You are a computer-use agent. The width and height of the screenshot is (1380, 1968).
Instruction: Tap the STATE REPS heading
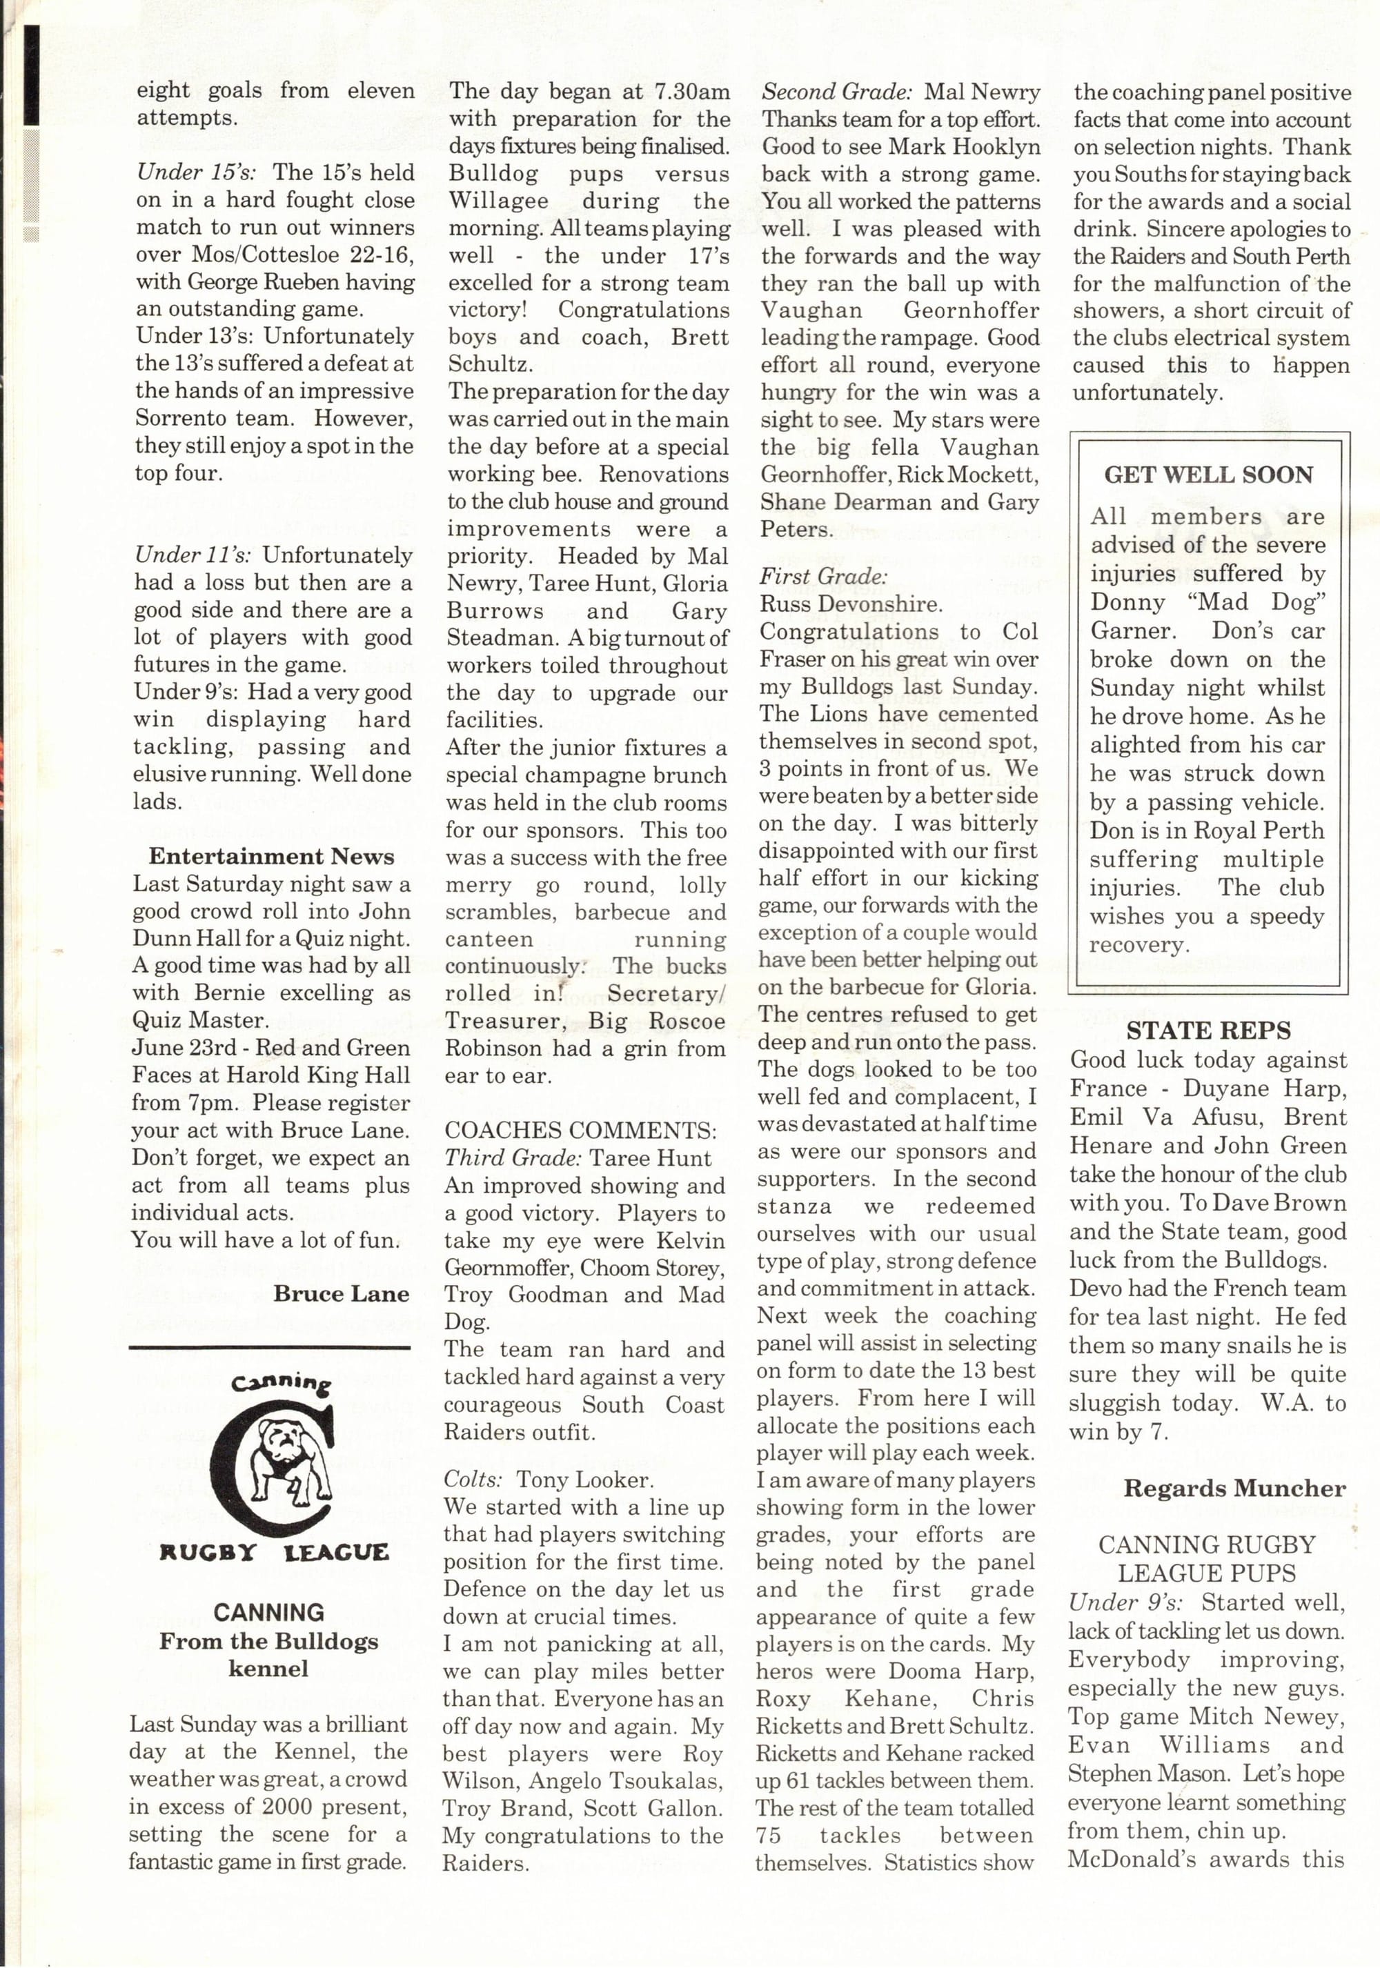(x=1207, y=1031)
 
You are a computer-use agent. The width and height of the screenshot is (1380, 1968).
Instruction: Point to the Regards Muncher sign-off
(x=1234, y=1489)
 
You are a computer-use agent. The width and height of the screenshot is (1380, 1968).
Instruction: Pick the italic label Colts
(x=471, y=1480)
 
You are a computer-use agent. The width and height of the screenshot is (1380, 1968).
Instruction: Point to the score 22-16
(x=384, y=255)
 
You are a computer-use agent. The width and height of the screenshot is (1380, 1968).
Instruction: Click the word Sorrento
(x=179, y=418)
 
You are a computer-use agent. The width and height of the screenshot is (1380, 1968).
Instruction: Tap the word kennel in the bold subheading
(x=268, y=1669)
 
